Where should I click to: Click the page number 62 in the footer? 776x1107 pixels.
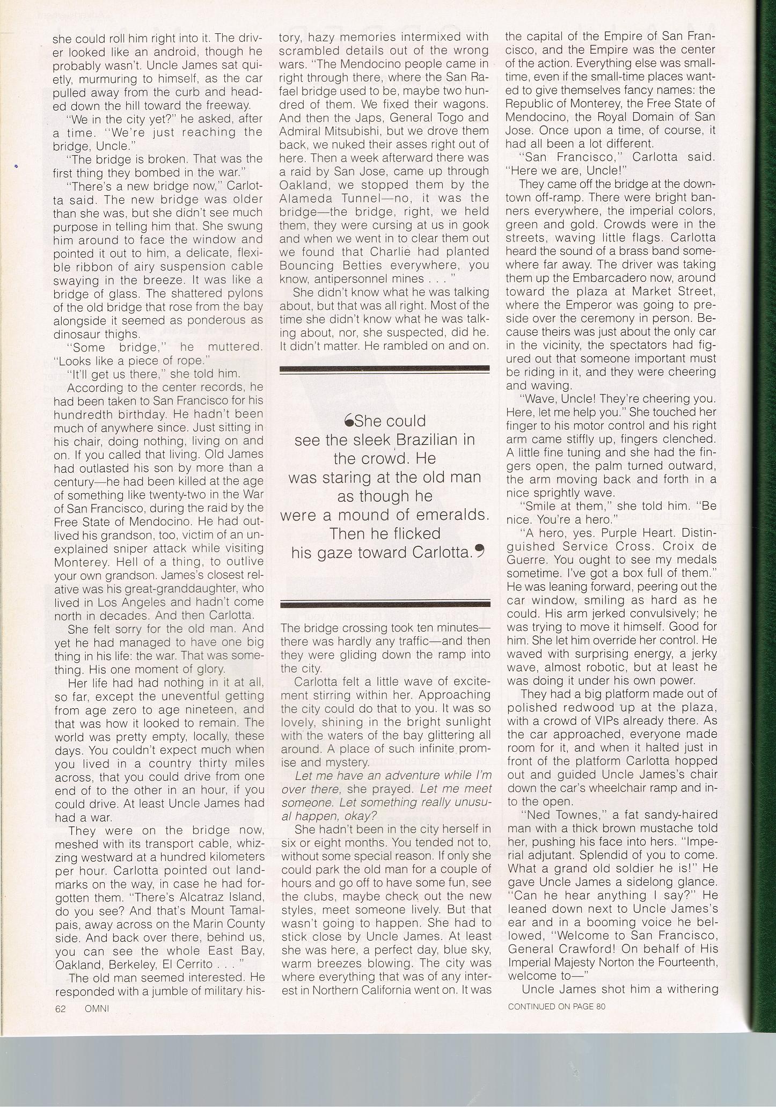[x=60, y=1008]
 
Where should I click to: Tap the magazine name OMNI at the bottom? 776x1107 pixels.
[x=97, y=1008]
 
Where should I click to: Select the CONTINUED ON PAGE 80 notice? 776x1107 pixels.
[x=557, y=1006]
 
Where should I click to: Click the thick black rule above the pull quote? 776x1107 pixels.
[x=385, y=369]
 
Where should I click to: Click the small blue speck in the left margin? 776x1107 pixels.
[x=17, y=168]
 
